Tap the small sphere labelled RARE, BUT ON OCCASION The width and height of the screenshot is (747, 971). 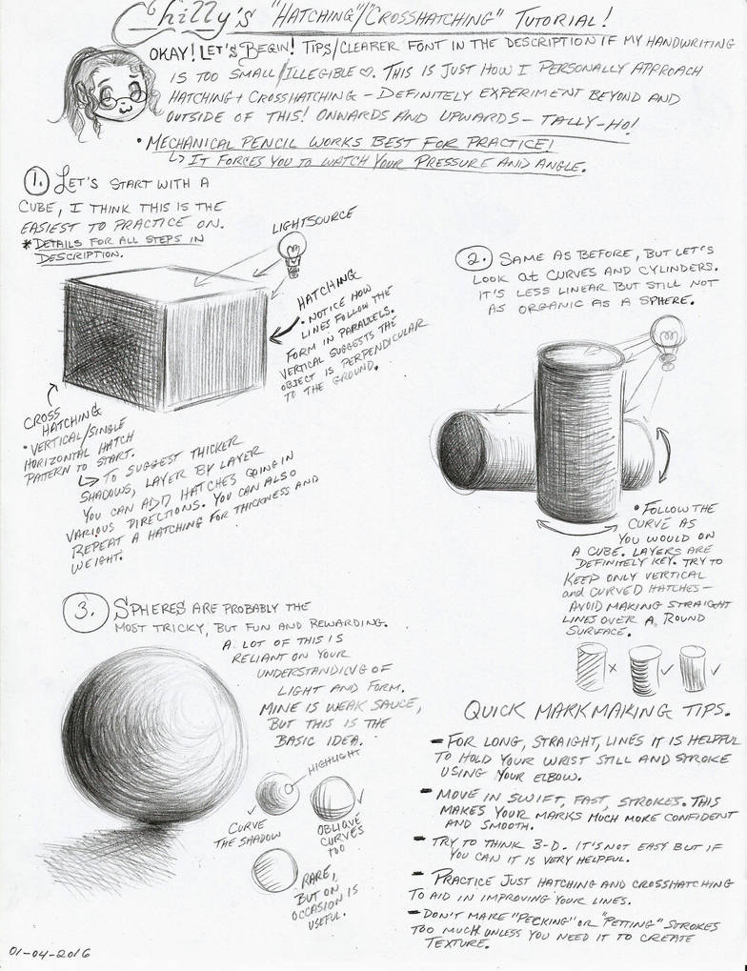[273, 869]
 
